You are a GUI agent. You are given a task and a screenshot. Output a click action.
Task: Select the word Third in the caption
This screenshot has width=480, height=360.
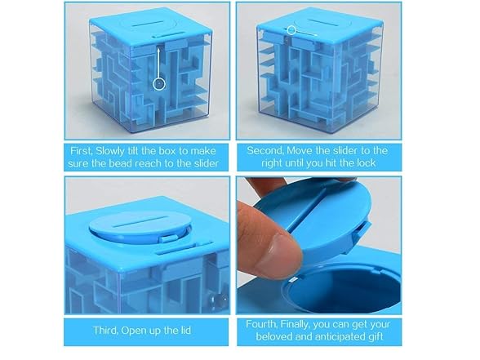(105, 331)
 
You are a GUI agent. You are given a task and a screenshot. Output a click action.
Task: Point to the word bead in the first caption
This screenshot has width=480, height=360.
(121, 163)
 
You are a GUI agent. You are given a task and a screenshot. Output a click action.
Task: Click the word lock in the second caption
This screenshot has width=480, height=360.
(367, 163)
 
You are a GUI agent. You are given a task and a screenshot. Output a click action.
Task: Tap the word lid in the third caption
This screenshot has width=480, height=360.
(185, 331)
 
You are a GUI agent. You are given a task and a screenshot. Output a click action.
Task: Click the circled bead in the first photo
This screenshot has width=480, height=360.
(159, 83)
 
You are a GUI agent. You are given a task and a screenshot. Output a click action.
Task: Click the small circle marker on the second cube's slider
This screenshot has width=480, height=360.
(291, 30)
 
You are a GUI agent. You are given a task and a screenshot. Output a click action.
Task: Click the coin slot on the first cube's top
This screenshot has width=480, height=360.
(151, 24)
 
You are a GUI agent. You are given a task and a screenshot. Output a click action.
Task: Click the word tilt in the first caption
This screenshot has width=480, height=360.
(133, 151)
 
